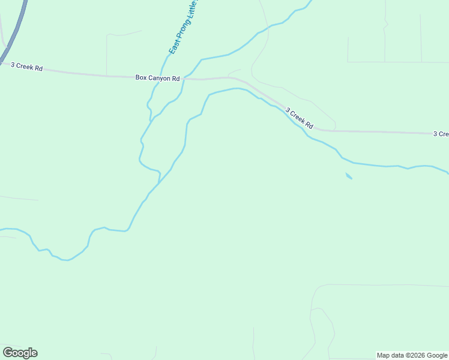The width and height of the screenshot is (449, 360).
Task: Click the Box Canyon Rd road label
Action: [x=157, y=78]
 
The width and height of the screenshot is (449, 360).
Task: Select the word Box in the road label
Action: [x=141, y=77]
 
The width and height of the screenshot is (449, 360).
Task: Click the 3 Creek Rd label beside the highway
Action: [x=26, y=68]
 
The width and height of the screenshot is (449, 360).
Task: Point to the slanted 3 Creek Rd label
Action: [x=299, y=118]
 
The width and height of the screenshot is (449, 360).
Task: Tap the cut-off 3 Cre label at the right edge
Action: [x=441, y=134]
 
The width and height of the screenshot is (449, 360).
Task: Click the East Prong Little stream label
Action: [x=183, y=27]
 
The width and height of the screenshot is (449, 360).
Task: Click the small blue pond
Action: [x=349, y=176]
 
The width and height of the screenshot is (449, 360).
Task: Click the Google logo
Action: [x=20, y=353]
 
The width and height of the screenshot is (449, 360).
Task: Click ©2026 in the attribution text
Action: [x=415, y=355]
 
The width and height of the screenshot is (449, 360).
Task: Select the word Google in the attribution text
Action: [x=436, y=355]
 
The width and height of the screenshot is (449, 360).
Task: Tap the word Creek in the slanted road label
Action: [x=298, y=118]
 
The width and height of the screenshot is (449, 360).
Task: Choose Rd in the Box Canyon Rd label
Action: [x=176, y=78]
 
